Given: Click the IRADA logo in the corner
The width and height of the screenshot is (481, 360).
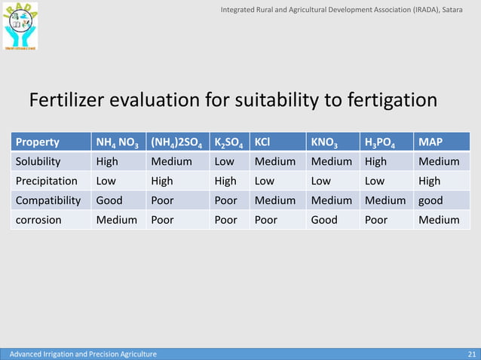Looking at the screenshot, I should (20, 26).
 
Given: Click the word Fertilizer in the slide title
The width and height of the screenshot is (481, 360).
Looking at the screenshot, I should (68, 100).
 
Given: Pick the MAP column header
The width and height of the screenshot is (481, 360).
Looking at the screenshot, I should (430, 142).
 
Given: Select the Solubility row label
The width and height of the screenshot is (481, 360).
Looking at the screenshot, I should (38, 161).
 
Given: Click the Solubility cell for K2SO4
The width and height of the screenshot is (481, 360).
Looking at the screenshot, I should (224, 161).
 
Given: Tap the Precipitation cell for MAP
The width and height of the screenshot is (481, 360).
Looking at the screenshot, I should (430, 181).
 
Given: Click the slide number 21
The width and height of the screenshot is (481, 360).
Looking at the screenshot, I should (472, 354).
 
